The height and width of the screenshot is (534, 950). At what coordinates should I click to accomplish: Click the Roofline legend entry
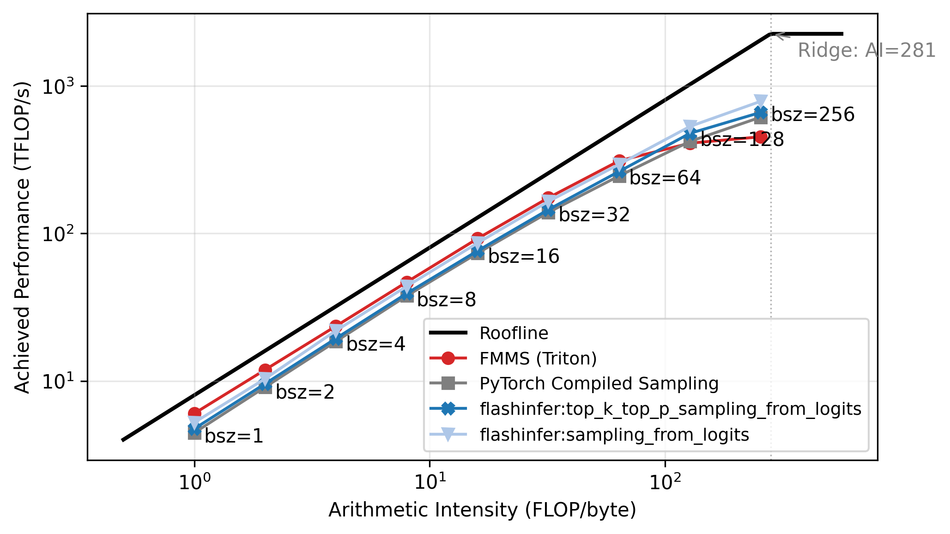(514, 333)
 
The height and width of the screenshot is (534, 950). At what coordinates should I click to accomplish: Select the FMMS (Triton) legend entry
(538, 358)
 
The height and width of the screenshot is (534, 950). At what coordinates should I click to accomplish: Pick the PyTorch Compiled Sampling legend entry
(599, 383)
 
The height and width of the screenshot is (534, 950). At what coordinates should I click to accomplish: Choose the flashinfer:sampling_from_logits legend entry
(614, 435)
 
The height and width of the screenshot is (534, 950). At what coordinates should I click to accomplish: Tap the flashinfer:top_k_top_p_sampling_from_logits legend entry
(671, 409)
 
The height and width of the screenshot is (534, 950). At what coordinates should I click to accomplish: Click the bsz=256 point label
(813, 115)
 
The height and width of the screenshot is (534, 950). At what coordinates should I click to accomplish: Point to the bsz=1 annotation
(234, 436)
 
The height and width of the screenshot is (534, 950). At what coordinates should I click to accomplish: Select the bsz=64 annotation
(665, 178)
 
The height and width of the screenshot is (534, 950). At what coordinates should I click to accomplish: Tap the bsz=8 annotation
(446, 300)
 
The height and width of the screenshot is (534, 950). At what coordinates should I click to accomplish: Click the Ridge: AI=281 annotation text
(867, 50)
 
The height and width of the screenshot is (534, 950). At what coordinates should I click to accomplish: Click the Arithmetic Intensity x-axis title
(482, 510)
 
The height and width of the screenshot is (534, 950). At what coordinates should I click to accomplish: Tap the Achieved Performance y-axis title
(22, 237)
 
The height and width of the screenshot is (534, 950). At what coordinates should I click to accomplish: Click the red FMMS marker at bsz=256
(761, 137)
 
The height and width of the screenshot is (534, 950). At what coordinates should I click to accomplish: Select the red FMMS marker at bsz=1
(194, 413)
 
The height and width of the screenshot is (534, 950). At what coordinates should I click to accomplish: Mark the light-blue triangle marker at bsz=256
(761, 101)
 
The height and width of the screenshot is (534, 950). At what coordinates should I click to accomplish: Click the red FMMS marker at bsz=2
(265, 370)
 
